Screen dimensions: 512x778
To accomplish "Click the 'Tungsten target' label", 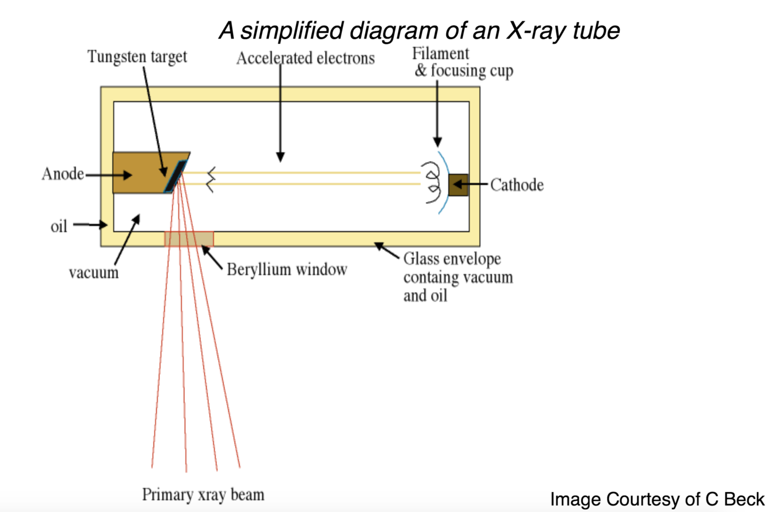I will (138, 57).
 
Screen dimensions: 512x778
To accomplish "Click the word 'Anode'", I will (62, 173).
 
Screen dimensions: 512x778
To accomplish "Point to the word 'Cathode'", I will (517, 185).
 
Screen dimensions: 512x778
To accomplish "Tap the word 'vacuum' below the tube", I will (94, 272).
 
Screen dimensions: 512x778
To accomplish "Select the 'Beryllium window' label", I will (287, 269).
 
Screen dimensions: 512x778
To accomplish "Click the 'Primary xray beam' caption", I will (203, 495).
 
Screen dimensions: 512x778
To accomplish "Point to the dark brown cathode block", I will (458, 185).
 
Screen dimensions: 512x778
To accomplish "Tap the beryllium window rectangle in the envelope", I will (189, 239).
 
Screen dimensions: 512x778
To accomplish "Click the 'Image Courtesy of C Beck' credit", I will (657, 499).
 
